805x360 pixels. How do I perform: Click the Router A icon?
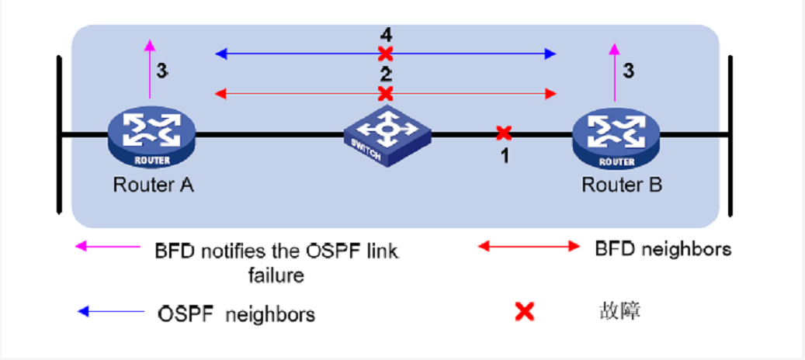[x=151, y=135]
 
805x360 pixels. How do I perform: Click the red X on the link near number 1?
[x=504, y=133]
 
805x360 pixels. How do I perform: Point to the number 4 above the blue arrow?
[x=386, y=35]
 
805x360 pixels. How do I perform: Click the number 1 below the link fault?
[x=504, y=156]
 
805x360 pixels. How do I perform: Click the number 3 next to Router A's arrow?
[x=161, y=71]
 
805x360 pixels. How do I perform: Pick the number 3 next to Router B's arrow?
[x=629, y=71]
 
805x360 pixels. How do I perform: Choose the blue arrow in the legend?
[x=109, y=312]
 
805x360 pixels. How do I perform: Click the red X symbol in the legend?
[x=525, y=312]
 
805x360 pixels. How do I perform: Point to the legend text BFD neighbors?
[x=663, y=250]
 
